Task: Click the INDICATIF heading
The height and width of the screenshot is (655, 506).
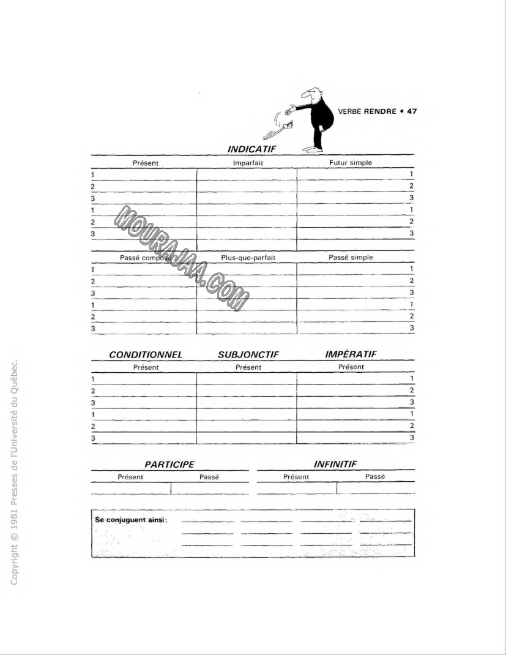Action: (252, 149)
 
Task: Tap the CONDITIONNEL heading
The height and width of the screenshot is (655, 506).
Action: (146, 354)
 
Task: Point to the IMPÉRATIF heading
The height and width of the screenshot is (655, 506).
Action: (351, 354)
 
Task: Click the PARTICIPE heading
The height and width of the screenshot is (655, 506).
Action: (169, 465)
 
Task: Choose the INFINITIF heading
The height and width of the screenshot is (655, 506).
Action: (335, 464)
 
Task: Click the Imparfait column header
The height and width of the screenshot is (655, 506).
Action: (248, 163)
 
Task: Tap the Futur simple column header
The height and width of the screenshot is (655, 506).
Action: (351, 163)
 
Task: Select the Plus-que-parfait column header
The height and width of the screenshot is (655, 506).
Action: (248, 258)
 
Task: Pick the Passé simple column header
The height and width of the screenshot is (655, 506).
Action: (351, 257)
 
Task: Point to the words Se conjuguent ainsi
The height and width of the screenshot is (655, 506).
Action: (132, 520)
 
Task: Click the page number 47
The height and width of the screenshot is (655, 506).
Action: (412, 111)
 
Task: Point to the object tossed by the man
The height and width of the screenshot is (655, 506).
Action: (284, 128)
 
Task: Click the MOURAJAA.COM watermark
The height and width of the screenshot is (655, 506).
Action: (182, 258)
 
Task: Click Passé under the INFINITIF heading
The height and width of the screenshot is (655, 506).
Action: (375, 477)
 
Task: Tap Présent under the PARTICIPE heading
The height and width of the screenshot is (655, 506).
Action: (130, 477)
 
